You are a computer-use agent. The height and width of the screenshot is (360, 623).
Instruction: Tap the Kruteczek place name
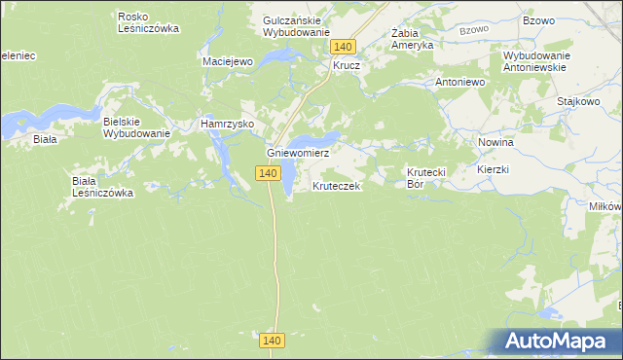337,185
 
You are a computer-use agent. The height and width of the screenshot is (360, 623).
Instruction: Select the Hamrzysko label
227,125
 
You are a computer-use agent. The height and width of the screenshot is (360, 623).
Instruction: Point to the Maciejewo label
228,61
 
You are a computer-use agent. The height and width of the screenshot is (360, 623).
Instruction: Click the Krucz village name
347,66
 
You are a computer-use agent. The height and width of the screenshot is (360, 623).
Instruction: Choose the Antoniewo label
460,83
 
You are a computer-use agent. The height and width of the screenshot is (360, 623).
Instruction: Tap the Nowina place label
495,142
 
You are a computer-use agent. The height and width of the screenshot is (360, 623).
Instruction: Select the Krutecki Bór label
425,177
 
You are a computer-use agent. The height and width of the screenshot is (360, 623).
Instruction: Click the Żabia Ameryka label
412,38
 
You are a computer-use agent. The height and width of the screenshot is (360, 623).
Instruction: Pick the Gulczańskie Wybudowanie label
297,25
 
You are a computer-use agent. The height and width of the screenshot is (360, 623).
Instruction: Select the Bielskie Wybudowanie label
136,127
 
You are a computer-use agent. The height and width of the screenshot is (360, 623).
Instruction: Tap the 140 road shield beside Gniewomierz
270,173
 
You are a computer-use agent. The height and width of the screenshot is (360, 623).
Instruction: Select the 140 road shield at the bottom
273,340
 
